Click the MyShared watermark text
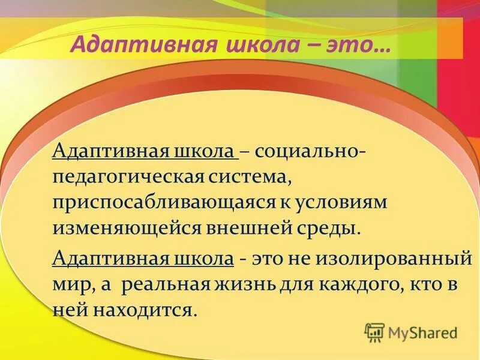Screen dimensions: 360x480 coord(421,332)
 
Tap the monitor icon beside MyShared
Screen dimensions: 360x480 coord(374,332)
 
